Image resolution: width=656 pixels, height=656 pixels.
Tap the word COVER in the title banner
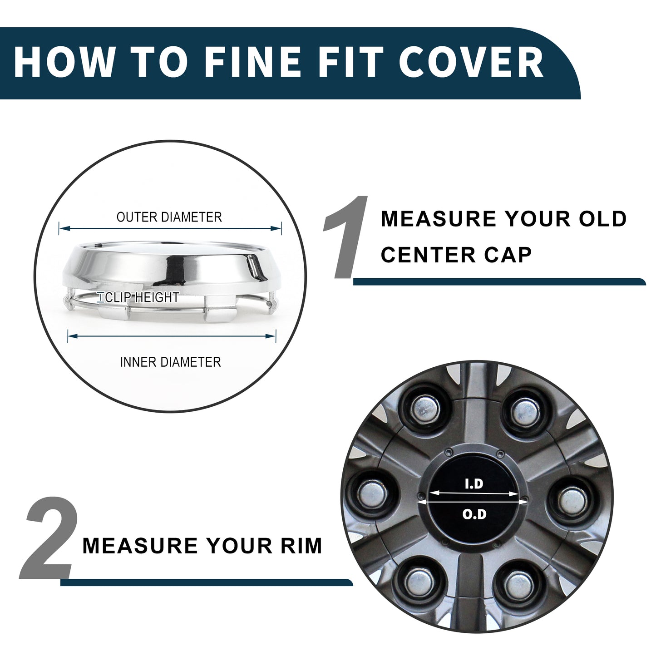pos(472,62)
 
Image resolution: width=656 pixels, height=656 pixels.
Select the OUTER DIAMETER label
pos(169,217)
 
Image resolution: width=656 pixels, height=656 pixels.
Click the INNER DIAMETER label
pos(171,362)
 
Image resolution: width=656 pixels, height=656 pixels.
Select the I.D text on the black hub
pos(474,484)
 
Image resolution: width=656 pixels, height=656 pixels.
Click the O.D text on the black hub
pos(474,514)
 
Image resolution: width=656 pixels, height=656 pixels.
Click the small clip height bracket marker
pos(101,297)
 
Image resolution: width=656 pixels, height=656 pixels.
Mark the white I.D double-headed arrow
pos(474,493)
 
